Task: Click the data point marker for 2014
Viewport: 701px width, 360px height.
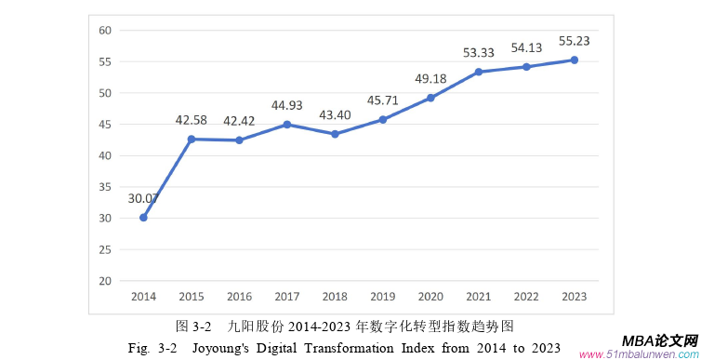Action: click(143, 218)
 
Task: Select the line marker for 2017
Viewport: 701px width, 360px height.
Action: click(287, 124)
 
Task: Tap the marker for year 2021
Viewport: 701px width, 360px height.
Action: click(479, 72)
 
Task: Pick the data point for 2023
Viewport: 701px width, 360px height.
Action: click(575, 60)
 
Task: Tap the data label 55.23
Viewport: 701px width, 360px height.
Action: click(575, 41)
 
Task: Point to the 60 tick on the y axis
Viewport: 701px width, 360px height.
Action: click(105, 30)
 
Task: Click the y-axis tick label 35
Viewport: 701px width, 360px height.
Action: click(105, 187)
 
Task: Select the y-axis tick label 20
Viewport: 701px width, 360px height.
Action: click(105, 281)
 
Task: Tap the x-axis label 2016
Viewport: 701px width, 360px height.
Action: click(239, 296)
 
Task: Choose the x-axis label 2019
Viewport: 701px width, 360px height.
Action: click(383, 296)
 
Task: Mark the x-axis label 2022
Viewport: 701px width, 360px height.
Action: click(526, 296)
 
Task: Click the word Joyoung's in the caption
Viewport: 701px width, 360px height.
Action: click(226, 348)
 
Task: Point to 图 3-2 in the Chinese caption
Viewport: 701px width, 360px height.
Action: click(194, 327)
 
